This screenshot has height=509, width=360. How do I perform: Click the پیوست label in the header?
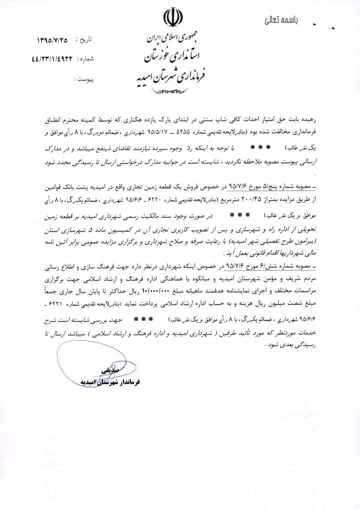pos(85,80)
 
